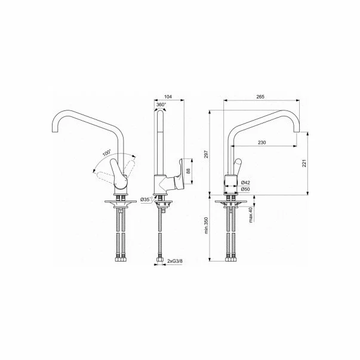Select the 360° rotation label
(x=161, y=104)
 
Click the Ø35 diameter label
(x=145, y=199)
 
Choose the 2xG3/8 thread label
(x=176, y=261)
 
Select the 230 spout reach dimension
(x=262, y=142)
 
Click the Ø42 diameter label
(x=245, y=183)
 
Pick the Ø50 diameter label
(x=245, y=190)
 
